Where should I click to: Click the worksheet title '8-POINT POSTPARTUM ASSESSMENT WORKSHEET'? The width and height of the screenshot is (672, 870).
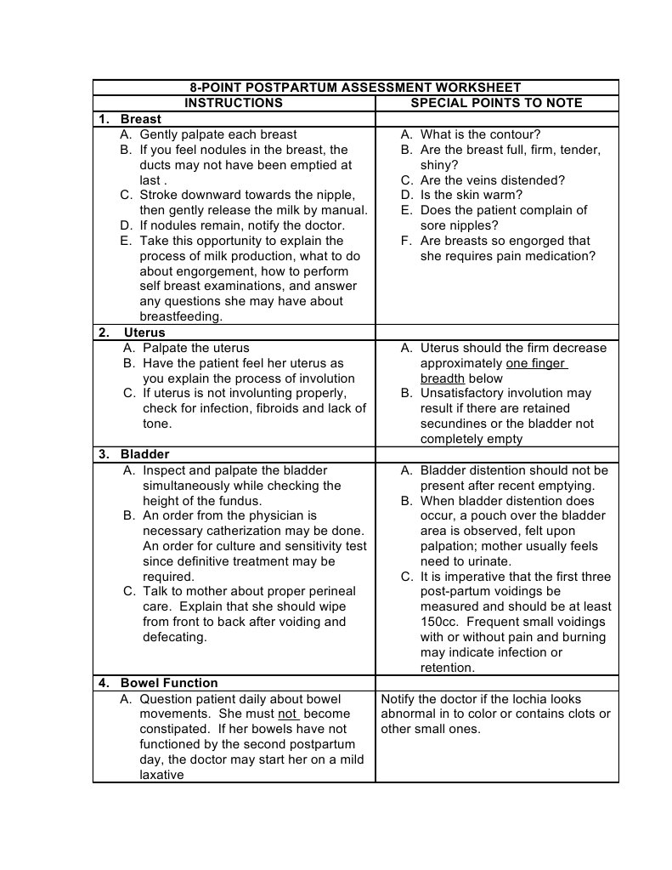355,88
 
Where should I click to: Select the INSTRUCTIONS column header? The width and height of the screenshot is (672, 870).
234,103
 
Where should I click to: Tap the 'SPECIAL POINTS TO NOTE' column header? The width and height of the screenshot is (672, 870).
496,103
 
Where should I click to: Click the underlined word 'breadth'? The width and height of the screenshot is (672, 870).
442,378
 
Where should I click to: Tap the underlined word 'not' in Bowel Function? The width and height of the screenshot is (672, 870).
288,714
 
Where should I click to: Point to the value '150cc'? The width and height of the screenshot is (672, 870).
439,622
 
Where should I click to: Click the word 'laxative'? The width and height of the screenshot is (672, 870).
161,775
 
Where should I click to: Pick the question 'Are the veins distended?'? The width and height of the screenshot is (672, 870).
492,180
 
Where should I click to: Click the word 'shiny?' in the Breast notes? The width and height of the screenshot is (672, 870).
439,165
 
